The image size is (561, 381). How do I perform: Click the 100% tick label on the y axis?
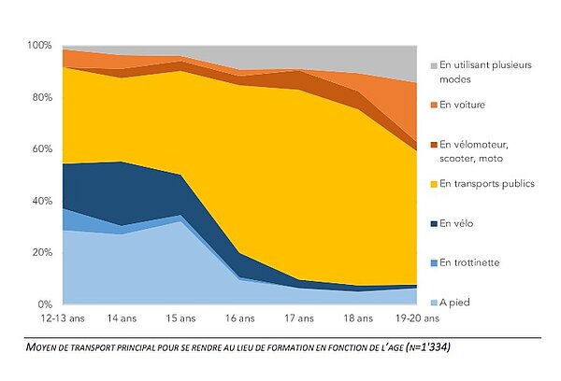pos(39,45)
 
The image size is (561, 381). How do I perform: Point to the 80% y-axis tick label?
pos(41,97)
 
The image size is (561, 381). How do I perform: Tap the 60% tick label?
pos(41,148)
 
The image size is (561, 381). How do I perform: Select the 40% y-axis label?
pos(41,201)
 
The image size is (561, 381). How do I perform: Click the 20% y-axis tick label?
pos(41,252)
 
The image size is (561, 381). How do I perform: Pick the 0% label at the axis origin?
pos(44,304)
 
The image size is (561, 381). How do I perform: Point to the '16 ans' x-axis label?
pos(240,317)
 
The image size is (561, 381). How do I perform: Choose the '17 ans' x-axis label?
pos(298,317)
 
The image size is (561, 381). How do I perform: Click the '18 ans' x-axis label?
pos(357,317)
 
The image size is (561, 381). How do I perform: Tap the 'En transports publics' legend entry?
pos(486,184)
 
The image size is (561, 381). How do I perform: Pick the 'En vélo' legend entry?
pos(459,223)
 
